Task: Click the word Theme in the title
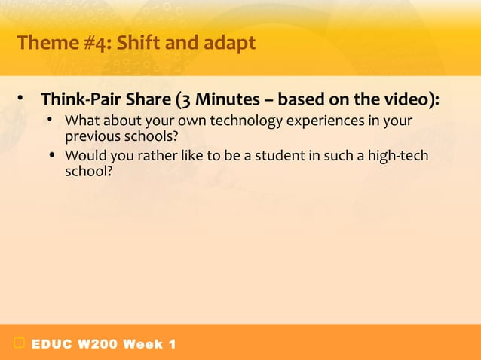[x=47, y=44]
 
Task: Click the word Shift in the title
[x=137, y=44]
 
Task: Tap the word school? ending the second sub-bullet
[x=88, y=172]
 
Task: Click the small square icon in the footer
[x=17, y=344]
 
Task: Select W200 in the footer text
[x=95, y=344]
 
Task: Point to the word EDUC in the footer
[x=51, y=344]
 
